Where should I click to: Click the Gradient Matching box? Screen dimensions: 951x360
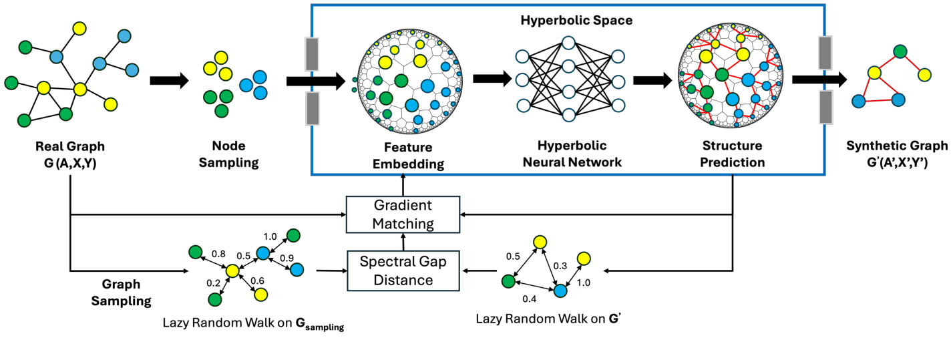tap(403, 214)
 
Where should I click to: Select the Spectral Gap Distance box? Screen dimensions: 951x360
tap(403, 271)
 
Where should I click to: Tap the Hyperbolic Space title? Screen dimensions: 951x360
tap(576, 21)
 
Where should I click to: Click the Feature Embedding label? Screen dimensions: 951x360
tap(409, 156)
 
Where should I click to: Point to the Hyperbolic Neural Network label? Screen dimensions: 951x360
tap(572, 154)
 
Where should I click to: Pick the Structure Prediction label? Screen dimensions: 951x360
tap(733, 154)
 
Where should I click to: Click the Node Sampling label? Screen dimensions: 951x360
tap(229, 154)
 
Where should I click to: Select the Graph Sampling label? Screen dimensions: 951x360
tap(121, 293)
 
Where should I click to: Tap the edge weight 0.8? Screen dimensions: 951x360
tap(218, 254)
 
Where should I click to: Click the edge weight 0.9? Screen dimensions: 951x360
tap(287, 258)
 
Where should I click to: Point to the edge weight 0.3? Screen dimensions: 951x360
tap(560, 266)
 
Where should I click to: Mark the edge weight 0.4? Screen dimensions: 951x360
tap(530, 299)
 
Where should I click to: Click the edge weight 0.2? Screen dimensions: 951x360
tap(214, 283)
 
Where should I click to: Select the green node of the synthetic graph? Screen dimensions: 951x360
tap(900, 51)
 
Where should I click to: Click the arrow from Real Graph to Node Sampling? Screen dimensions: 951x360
tap(170, 80)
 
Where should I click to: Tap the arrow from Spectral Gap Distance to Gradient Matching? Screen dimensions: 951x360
tap(403, 242)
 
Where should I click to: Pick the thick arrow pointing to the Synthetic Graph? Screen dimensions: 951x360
tap(820, 79)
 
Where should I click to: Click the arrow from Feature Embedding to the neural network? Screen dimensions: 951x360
tap(492, 79)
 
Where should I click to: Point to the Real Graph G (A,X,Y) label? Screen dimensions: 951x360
tap(70, 154)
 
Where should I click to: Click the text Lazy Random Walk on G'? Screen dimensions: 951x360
tap(548, 319)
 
